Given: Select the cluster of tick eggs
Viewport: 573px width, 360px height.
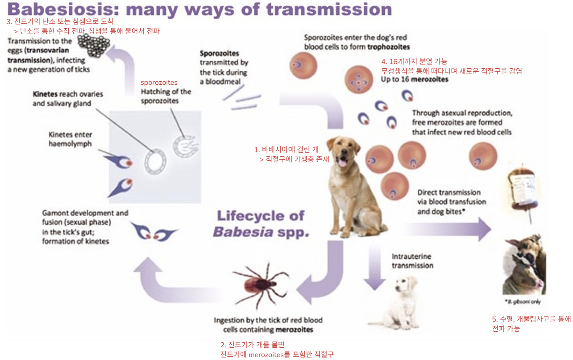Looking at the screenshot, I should (94, 44).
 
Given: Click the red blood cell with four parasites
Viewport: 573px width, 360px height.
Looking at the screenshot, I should (359, 80).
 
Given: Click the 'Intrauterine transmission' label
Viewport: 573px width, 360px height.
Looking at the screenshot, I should (412, 261).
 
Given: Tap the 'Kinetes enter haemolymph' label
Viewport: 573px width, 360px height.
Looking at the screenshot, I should (70, 139).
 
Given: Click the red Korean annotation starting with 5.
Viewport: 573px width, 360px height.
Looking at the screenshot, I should (531, 323).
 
